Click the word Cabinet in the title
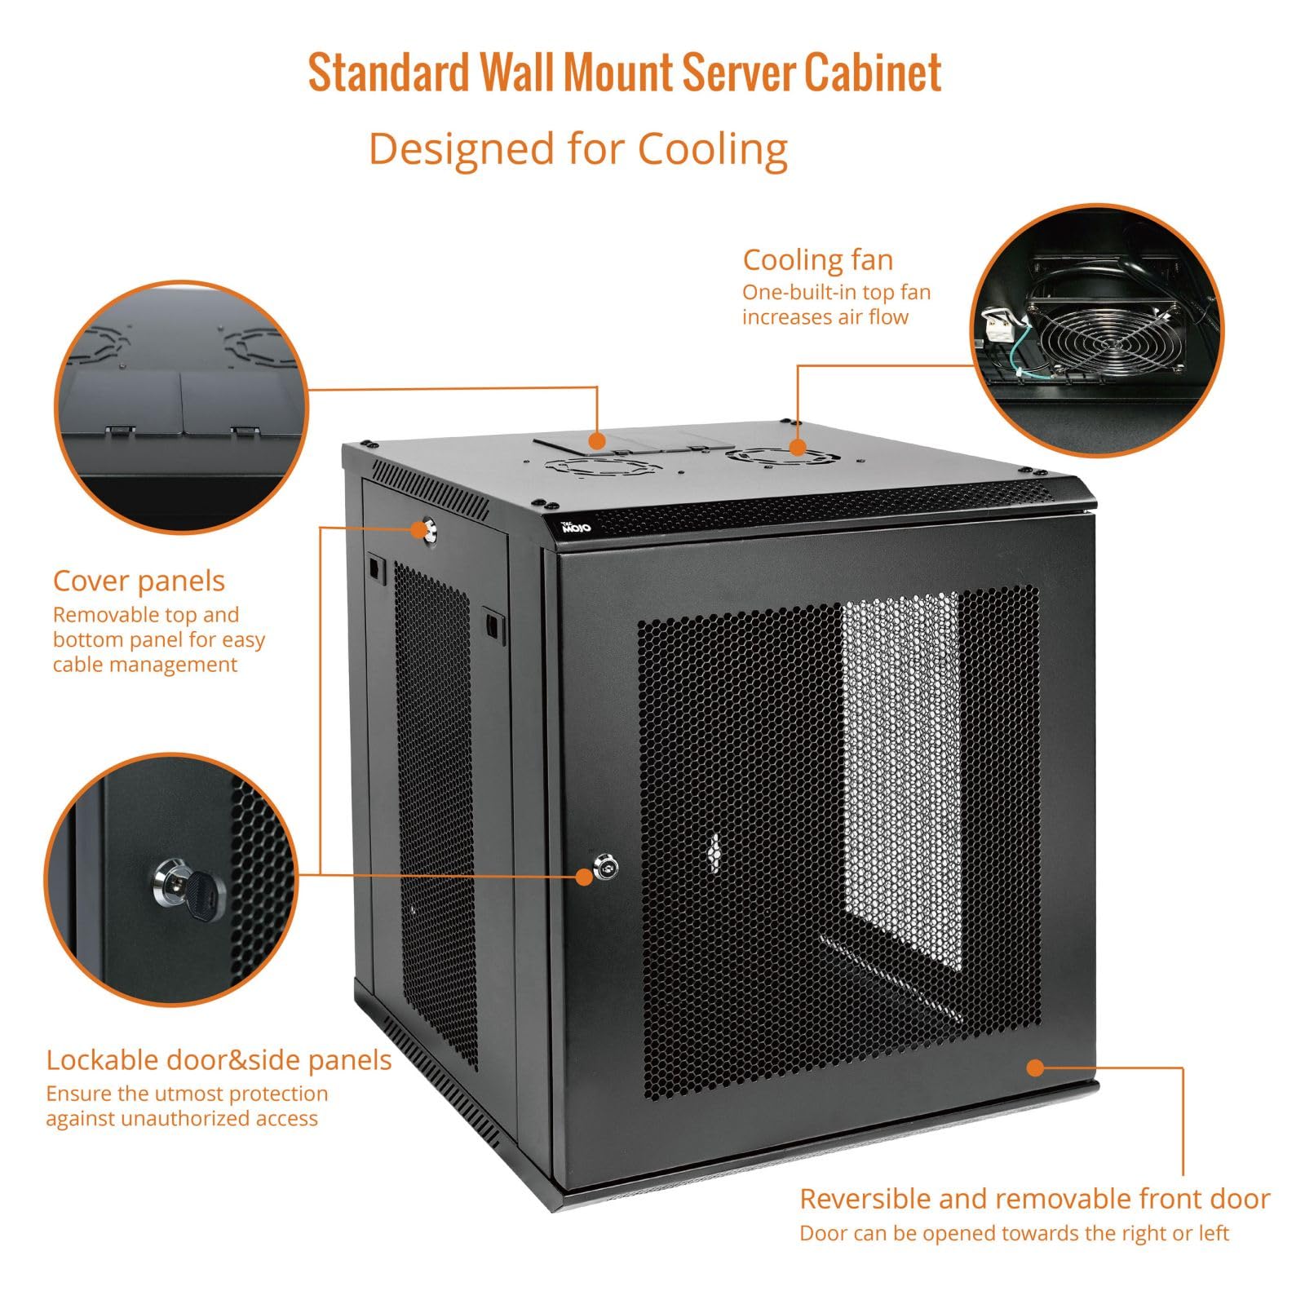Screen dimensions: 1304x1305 point(873,73)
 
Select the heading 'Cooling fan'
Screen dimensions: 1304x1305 point(817,260)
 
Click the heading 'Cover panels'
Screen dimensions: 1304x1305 point(139,581)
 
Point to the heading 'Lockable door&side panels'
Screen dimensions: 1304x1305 point(219,1060)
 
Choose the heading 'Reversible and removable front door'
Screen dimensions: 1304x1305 point(1034,1199)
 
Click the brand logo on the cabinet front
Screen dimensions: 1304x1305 point(577,528)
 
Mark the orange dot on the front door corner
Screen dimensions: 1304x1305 point(1034,1067)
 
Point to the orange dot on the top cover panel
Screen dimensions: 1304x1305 point(597,441)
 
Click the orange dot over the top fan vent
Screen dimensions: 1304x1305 point(797,447)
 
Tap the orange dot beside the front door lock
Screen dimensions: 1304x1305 point(584,877)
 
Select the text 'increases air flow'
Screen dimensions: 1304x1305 point(825,317)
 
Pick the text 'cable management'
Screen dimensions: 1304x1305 point(144,665)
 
